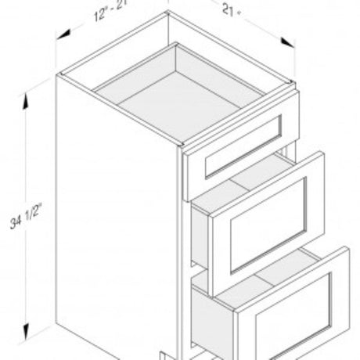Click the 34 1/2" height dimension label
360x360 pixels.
click(26, 216)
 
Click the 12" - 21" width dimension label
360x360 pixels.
click(111, 11)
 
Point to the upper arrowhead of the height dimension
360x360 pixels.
click(26, 101)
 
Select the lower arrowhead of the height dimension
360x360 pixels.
click(26, 332)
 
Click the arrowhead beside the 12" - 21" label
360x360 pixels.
click(63, 35)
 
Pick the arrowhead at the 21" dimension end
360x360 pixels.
click(288, 42)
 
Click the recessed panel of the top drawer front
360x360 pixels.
click(243, 146)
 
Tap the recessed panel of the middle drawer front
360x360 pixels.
click(268, 225)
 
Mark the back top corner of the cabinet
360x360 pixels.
click(168, 12)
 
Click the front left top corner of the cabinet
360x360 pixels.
click(58, 75)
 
